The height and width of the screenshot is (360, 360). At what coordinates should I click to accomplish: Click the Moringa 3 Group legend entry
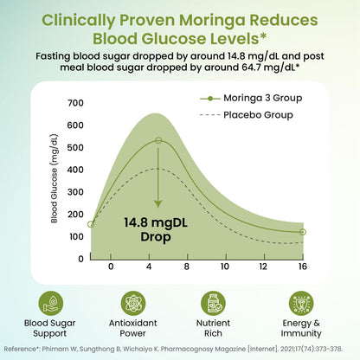(260, 98)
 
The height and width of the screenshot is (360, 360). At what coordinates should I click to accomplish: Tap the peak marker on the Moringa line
(157, 140)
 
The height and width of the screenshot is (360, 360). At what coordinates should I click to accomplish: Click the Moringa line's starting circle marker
(91, 224)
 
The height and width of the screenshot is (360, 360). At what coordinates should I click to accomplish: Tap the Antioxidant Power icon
(134, 303)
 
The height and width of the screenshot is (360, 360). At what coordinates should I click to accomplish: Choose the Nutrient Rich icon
(213, 303)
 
